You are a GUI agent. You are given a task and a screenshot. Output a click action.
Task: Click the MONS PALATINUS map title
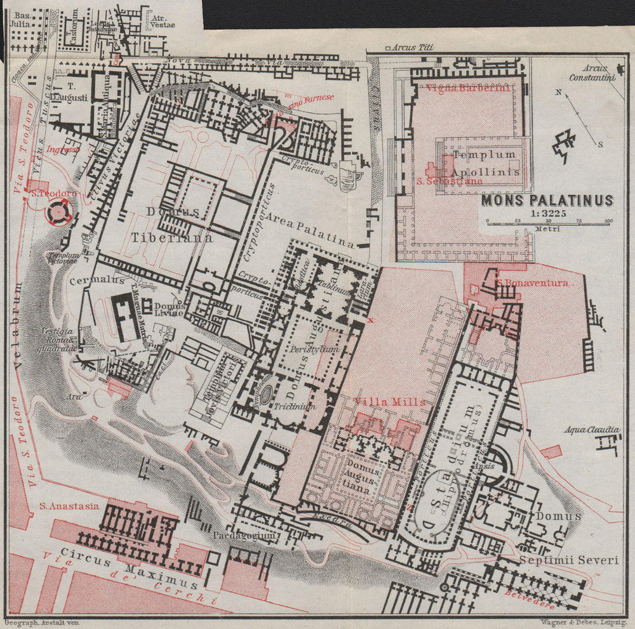click(547, 201)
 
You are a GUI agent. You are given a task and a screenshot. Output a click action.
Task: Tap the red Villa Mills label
click(390, 402)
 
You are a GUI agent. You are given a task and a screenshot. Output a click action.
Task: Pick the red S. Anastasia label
click(69, 506)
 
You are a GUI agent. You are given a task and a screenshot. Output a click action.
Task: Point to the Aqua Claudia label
click(592, 430)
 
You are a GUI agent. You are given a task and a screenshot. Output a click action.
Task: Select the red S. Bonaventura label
click(532, 283)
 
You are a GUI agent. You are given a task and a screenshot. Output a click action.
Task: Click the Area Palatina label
click(310, 230)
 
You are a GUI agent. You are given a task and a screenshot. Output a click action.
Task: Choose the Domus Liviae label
click(168, 309)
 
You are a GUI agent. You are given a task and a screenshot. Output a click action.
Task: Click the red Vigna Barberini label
click(469, 88)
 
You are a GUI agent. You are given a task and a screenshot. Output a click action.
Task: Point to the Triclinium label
click(295, 406)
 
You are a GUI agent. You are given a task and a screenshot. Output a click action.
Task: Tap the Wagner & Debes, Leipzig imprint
click(582, 623)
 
